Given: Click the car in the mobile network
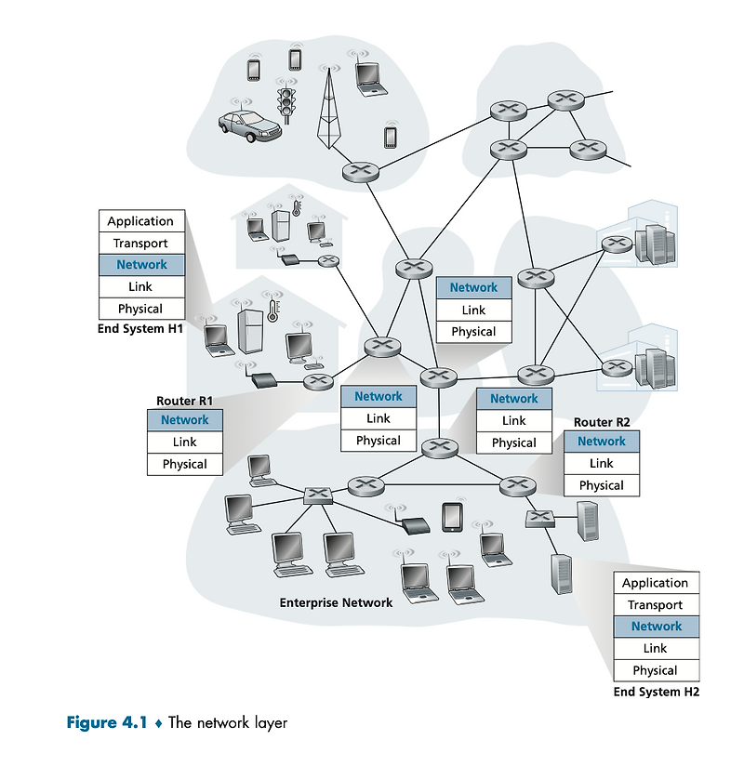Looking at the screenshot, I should tap(248, 125).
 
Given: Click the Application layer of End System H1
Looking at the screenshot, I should tap(140, 221).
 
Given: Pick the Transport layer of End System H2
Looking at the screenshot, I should tap(655, 605).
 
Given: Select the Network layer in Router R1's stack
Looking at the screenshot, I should tap(185, 420).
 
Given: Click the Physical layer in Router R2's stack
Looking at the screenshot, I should tap(601, 485).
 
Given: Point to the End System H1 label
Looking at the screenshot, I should tap(140, 329).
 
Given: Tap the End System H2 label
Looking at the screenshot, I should tap(656, 692).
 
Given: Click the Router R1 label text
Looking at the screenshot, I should tap(185, 401).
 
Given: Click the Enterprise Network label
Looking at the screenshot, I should tap(336, 602).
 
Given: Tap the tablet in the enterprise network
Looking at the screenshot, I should tap(452, 517).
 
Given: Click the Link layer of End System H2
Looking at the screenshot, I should tap(655, 648).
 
